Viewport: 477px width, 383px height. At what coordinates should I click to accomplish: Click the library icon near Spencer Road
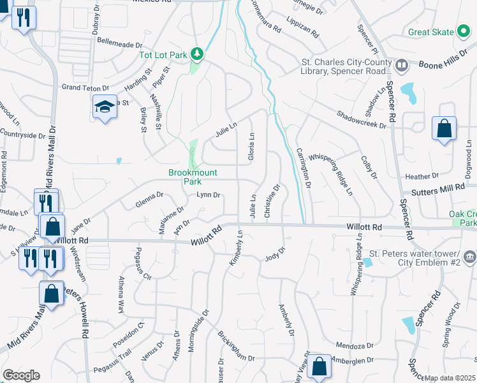pos(402,65)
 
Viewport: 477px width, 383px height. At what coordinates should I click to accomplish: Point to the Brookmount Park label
pos(193,177)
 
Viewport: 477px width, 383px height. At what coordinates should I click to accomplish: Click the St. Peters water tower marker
pos(469,257)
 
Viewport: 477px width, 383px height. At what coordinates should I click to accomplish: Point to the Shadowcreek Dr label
pos(362,117)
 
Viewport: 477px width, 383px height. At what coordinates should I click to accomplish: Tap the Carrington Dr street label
pos(304,169)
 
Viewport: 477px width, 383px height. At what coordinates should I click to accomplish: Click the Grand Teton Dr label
pos(85,87)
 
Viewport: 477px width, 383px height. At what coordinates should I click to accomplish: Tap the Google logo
pos(20,375)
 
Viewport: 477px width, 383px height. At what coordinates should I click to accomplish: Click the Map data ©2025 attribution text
pos(450,378)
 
